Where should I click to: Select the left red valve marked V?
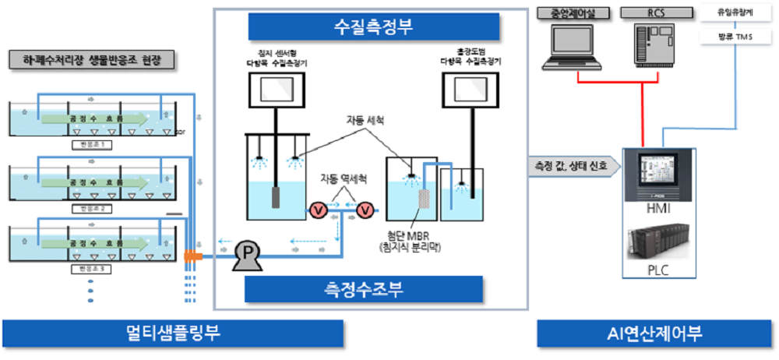[317, 209]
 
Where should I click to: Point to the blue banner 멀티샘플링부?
[173, 334]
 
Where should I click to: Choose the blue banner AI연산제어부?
[654, 334]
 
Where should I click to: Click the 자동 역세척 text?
[342, 178]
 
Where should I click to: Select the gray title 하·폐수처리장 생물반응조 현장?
[92, 59]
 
